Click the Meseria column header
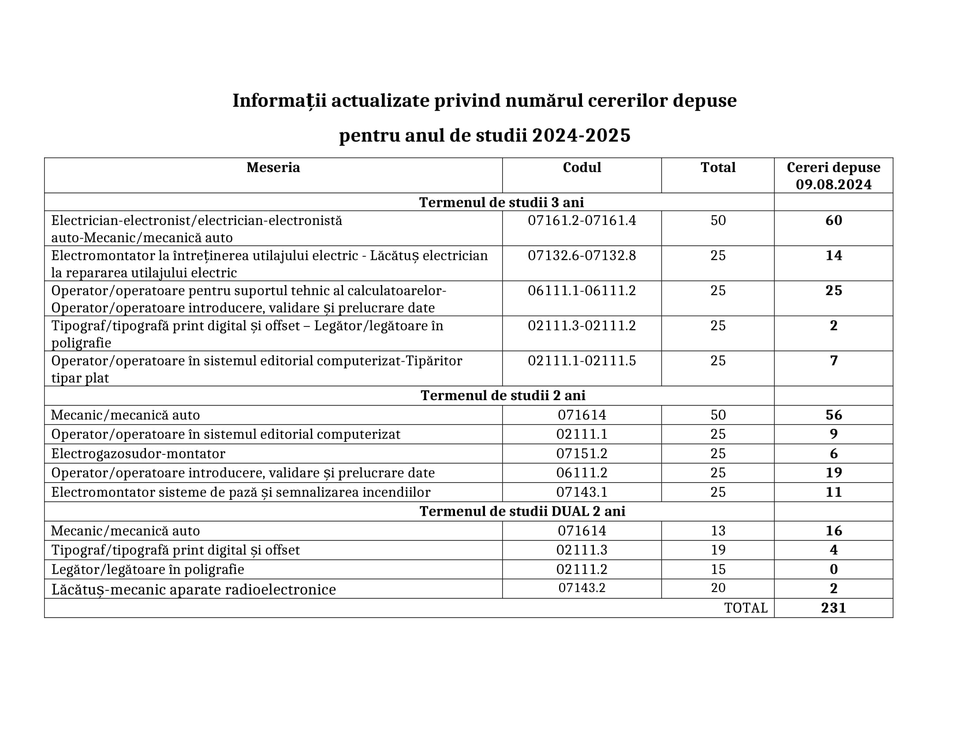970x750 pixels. pyautogui.click(x=273, y=168)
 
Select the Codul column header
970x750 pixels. pyautogui.click(x=582, y=168)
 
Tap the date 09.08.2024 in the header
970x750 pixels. pyautogui.click(x=833, y=184)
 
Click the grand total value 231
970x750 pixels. pyautogui.click(x=833, y=607)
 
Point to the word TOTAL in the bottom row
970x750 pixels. pyautogui.click(x=746, y=607)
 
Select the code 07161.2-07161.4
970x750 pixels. pyautogui.click(x=582, y=221)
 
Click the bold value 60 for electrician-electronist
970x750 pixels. pyautogui.click(x=833, y=221)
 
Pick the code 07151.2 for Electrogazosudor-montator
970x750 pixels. pyautogui.click(x=582, y=453)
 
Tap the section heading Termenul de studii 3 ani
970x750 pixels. pyautogui.click(x=501, y=202)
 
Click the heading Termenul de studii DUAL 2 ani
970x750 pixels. pyautogui.click(x=522, y=511)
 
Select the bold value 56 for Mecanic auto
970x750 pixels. pyautogui.click(x=833, y=415)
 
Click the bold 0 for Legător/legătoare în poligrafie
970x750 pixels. pyautogui.click(x=833, y=569)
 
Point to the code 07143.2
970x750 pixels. pyautogui.click(x=582, y=588)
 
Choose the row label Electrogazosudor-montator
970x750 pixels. pyautogui.click(x=138, y=453)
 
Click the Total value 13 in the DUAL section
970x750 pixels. pyautogui.click(x=718, y=530)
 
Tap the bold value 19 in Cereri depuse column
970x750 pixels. pyautogui.click(x=833, y=472)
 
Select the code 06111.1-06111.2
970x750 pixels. pyautogui.click(x=582, y=291)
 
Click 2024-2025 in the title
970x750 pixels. pyautogui.click(x=581, y=135)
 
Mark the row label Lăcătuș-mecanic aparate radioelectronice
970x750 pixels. pyautogui.click(x=193, y=589)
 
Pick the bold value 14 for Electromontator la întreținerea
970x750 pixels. pyautogui.click(x=833, y=255)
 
